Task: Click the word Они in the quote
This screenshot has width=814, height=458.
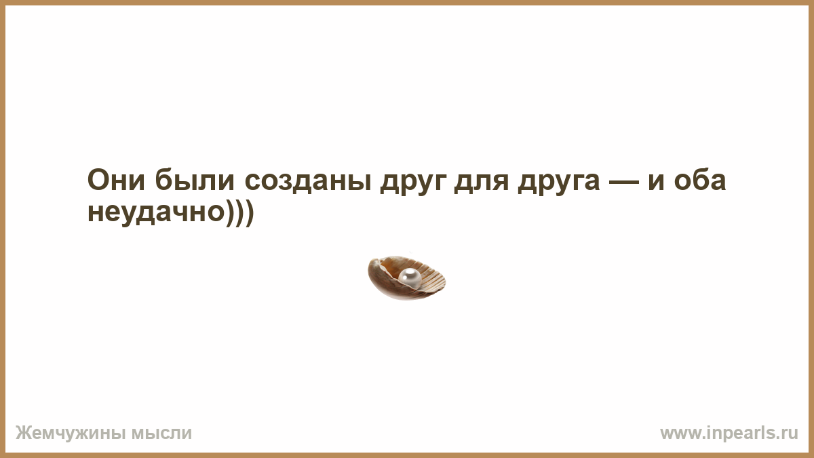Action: point(116,180)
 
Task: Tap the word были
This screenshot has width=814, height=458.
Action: point(195,179)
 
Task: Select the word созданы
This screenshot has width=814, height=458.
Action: point(308,181)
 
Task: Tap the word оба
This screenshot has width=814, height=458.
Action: point(700,179)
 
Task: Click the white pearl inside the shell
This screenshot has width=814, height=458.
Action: point(410,278)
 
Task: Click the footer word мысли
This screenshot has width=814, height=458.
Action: point(161,434)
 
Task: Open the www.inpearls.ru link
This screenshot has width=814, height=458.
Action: point(729,434)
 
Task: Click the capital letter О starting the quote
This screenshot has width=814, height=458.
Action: point(99,180)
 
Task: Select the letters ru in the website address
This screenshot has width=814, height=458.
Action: point(790,434)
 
